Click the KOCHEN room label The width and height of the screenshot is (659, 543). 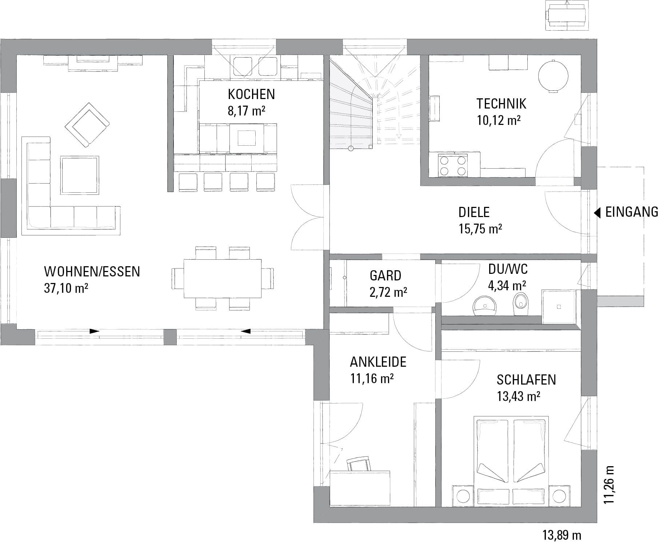tap(251, 94)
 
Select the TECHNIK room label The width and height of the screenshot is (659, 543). tap(501, 104)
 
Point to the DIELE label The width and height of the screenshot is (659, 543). tap(474, 212)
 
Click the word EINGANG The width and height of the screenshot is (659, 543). tap(632, 212)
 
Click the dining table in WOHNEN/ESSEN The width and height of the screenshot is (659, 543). tap(223, 278)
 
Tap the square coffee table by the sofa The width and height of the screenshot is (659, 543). tap(80, 175)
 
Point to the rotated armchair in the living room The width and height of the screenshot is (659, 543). tap(87, 125)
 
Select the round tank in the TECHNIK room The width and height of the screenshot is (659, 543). tap(553, 76)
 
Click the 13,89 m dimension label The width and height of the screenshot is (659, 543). tap(562, 535)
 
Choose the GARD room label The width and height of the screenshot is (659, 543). tap(386, 275)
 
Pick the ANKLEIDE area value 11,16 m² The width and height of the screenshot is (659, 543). tap(372, 379)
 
